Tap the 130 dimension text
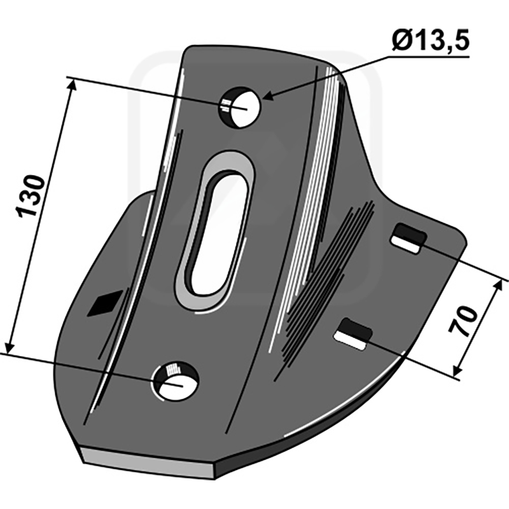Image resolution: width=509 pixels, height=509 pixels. click(30, 196)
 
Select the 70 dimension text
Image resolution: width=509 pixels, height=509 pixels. click(463, 321)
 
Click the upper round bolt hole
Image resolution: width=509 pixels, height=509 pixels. click(241, 108)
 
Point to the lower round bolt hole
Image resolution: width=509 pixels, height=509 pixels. click(176, 381)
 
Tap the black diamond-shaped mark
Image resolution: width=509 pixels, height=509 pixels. click(105, 303)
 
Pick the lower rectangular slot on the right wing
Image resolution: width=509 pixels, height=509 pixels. click(354, 334)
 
